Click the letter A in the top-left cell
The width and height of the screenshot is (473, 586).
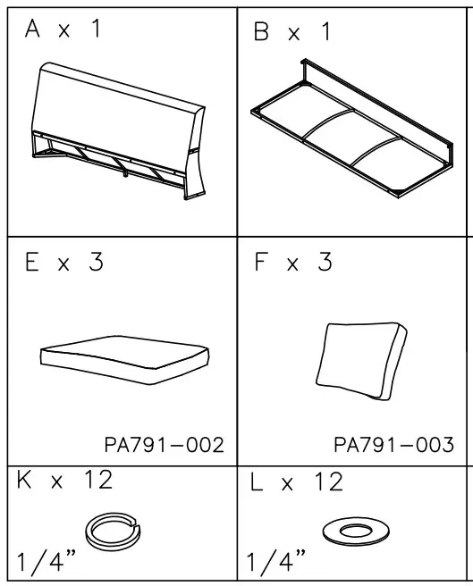33,29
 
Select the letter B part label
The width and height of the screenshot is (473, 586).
261,33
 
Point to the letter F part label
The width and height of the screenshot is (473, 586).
263,264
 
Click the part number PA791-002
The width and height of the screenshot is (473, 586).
163,444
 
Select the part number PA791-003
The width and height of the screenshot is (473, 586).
393,444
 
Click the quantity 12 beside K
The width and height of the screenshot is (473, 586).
94,481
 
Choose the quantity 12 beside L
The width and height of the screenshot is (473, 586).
325,482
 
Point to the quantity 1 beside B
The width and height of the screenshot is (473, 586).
325,33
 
